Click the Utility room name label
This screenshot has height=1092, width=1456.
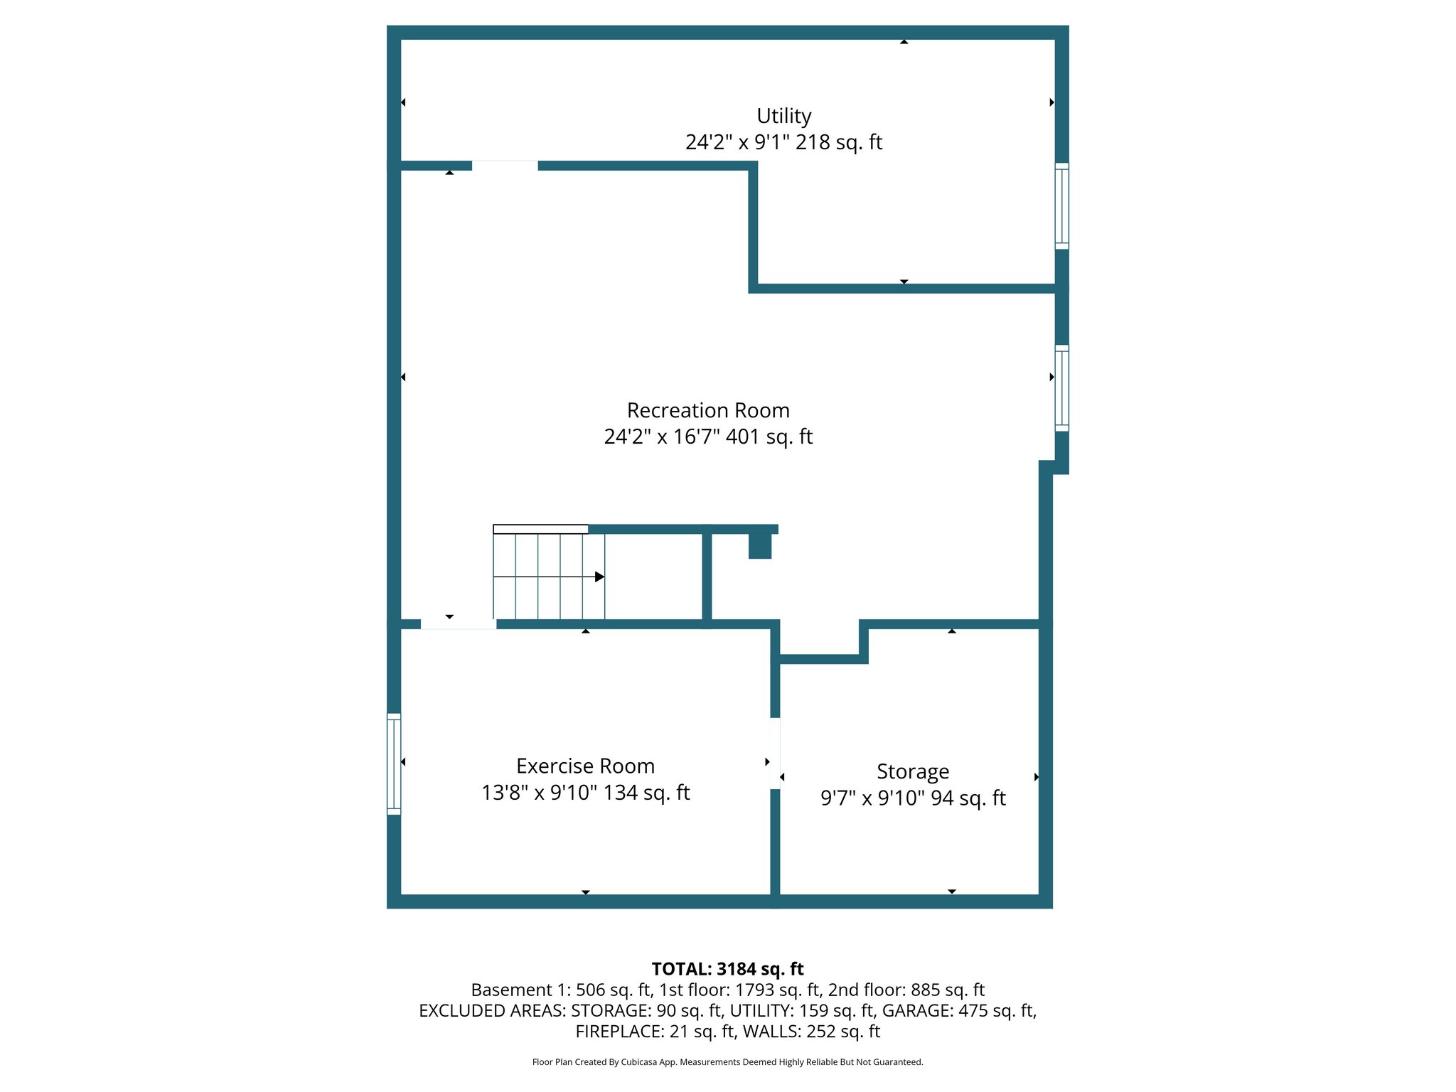coord(783,116)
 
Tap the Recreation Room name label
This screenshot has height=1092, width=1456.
coord(708,410)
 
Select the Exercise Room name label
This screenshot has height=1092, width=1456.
coord(585,766)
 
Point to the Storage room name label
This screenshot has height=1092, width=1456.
coord(913,771)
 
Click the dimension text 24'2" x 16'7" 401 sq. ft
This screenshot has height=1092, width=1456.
coord(708,437)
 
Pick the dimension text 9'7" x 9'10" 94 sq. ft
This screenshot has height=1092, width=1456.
coord(913,798)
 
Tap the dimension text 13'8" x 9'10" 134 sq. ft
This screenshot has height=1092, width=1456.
coord(585,792)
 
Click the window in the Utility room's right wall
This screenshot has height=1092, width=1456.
coord(1061,206)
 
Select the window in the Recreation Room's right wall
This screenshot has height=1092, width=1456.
coord(1061,388)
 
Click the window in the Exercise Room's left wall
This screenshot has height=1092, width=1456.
coord(394,764)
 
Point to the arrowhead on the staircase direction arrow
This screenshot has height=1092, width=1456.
coord(600,577)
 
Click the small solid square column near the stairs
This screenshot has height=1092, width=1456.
coord(760,547)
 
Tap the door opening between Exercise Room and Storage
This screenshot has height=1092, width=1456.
coord(775,754)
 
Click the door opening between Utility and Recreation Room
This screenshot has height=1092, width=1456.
coord(505,166)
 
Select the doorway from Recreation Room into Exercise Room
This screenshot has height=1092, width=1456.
coord(458,624)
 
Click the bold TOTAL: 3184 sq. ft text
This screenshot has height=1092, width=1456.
coord(727,969)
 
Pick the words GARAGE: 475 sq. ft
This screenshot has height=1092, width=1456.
coord(959,1010)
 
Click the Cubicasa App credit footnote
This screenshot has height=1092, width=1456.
coord(727,1062)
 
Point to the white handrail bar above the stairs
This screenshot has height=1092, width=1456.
coord(540,529)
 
